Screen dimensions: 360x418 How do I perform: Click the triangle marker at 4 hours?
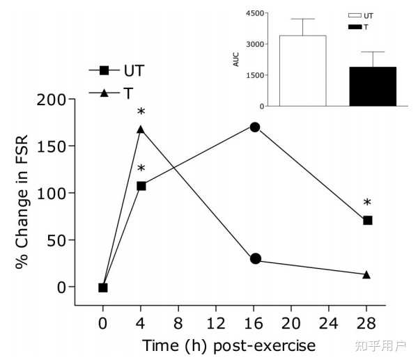click(x=141, y=129)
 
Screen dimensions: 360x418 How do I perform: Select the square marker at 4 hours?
click(x=141, y=186)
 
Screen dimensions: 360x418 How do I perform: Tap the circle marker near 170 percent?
click(x=255, y=127)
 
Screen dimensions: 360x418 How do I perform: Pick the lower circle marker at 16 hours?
click(x=255, y=259)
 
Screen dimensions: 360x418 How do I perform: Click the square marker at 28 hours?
click(x=368, y=220)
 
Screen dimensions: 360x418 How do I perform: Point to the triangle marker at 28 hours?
click(x=367, y=274)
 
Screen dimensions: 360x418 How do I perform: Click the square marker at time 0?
click(x=103, y=287)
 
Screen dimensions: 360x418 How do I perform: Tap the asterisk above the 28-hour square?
click(x=367, y=204)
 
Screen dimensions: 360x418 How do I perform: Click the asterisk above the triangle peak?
click(x=141, y=113)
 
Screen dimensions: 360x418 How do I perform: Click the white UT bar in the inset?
click(x=302, y=70)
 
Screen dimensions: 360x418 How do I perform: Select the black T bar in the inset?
click(x=373, y=86)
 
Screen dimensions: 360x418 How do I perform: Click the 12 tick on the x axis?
click(x=216, y=325)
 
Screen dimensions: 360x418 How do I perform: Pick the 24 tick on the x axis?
click(x=330, y=325)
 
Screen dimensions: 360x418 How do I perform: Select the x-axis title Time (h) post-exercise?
click(x=229, y=346)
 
